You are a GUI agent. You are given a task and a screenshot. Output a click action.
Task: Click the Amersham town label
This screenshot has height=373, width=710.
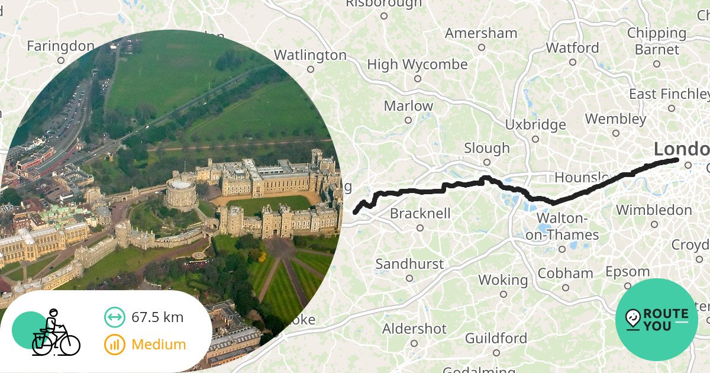pyautogui.click(x=481, y=33)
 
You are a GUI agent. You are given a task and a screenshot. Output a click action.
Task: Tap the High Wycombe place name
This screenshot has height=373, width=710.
pyautogui.click(x=417, y=65)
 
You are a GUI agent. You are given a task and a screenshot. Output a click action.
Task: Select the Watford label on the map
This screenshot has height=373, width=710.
pyautogui.click(x=572, y=48)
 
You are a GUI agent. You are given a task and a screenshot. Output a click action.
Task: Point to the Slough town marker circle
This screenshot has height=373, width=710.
pyautogui.click(x=487, y=162)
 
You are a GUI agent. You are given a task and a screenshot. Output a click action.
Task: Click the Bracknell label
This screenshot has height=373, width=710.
pyautogui.click(x=420, y=213)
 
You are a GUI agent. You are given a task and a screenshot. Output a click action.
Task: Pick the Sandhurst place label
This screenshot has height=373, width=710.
pyautogui.click(x=409, y=264)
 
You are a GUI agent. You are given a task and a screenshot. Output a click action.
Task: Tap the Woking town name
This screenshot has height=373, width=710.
pyautogui.click(x=503, y=280)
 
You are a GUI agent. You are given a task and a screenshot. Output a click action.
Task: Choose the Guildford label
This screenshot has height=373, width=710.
pyautogui.click(x=496, y=339)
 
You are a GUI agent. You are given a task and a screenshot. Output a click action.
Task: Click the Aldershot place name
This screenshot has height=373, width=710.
pyautogui.click(x=414, y=329)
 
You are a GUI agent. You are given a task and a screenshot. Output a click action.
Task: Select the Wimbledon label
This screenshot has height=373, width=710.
pyautogui.click(x=654, y=210)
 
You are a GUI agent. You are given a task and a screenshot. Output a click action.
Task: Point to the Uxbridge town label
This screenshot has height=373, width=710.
pyautogui.click(x=535, y=125)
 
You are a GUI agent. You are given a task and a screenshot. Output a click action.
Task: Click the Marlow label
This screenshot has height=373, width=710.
pyautogui.click(x=408, y=107)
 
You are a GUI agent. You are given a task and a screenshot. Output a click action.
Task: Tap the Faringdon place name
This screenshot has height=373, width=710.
pyautogui.click(x=60, y=46)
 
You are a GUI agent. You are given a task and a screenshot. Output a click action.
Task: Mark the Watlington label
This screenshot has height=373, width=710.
pyautogui.click(x=310, y=55)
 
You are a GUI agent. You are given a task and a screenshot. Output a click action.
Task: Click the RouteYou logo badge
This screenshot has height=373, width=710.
pyautogui.click(x=657, y=320)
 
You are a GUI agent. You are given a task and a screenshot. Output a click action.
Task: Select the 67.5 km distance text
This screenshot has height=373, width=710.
pyautogui.click(x=157, y=317)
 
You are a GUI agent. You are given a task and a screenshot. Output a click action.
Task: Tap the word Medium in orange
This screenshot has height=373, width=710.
pyautogui.click(x=159, y=345)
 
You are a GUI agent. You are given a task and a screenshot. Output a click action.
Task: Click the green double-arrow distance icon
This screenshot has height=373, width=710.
pyautogui.click(x=115, y=317)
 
